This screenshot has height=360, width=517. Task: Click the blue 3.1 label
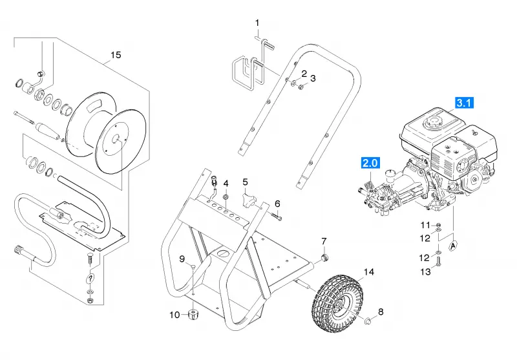click(464, 103)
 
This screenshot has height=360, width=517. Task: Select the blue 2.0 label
click(370, 163)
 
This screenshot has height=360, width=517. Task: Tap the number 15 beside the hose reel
click(116, 55)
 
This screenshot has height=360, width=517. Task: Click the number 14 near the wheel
click(369, 272)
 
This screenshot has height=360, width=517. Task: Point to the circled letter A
click(454, 246)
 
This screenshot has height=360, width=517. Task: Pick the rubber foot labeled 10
click(193, 314)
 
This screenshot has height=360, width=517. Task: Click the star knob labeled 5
click(248, 200)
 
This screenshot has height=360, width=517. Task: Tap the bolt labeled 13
click(438, 261)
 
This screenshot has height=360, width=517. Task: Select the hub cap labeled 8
click(368, 320)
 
